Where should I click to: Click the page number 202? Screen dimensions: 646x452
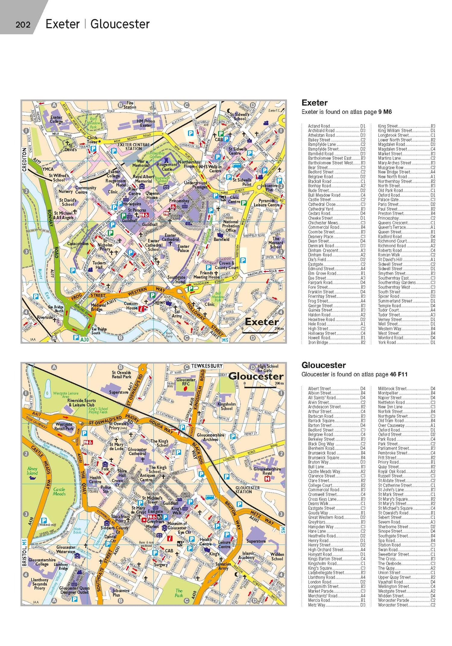(x=23, y=24)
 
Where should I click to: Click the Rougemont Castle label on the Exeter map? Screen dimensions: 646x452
(x=167, y=167)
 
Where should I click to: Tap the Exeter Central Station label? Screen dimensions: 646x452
(x=133, y=147)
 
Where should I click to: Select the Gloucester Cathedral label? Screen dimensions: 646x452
(x=137, y=451)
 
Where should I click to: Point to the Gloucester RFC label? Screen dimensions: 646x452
(x=186, y=382)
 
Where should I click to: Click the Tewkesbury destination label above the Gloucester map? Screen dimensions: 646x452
(x=207, y=366)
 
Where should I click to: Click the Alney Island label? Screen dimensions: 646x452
(x=32, y=471)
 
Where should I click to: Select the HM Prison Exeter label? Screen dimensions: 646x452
(x=146, y=123)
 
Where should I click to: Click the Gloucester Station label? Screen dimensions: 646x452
(x=247, y=490)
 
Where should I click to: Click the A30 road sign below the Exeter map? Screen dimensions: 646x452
(x=84, y=339)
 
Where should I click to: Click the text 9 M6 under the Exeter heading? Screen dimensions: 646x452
(x=385, y=112)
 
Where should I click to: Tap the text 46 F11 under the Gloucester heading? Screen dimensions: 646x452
(x=398, y=375)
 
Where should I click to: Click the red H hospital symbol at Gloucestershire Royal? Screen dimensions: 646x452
(x=267, y=479)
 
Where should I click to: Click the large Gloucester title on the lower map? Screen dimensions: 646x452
(x=256, y=376)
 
